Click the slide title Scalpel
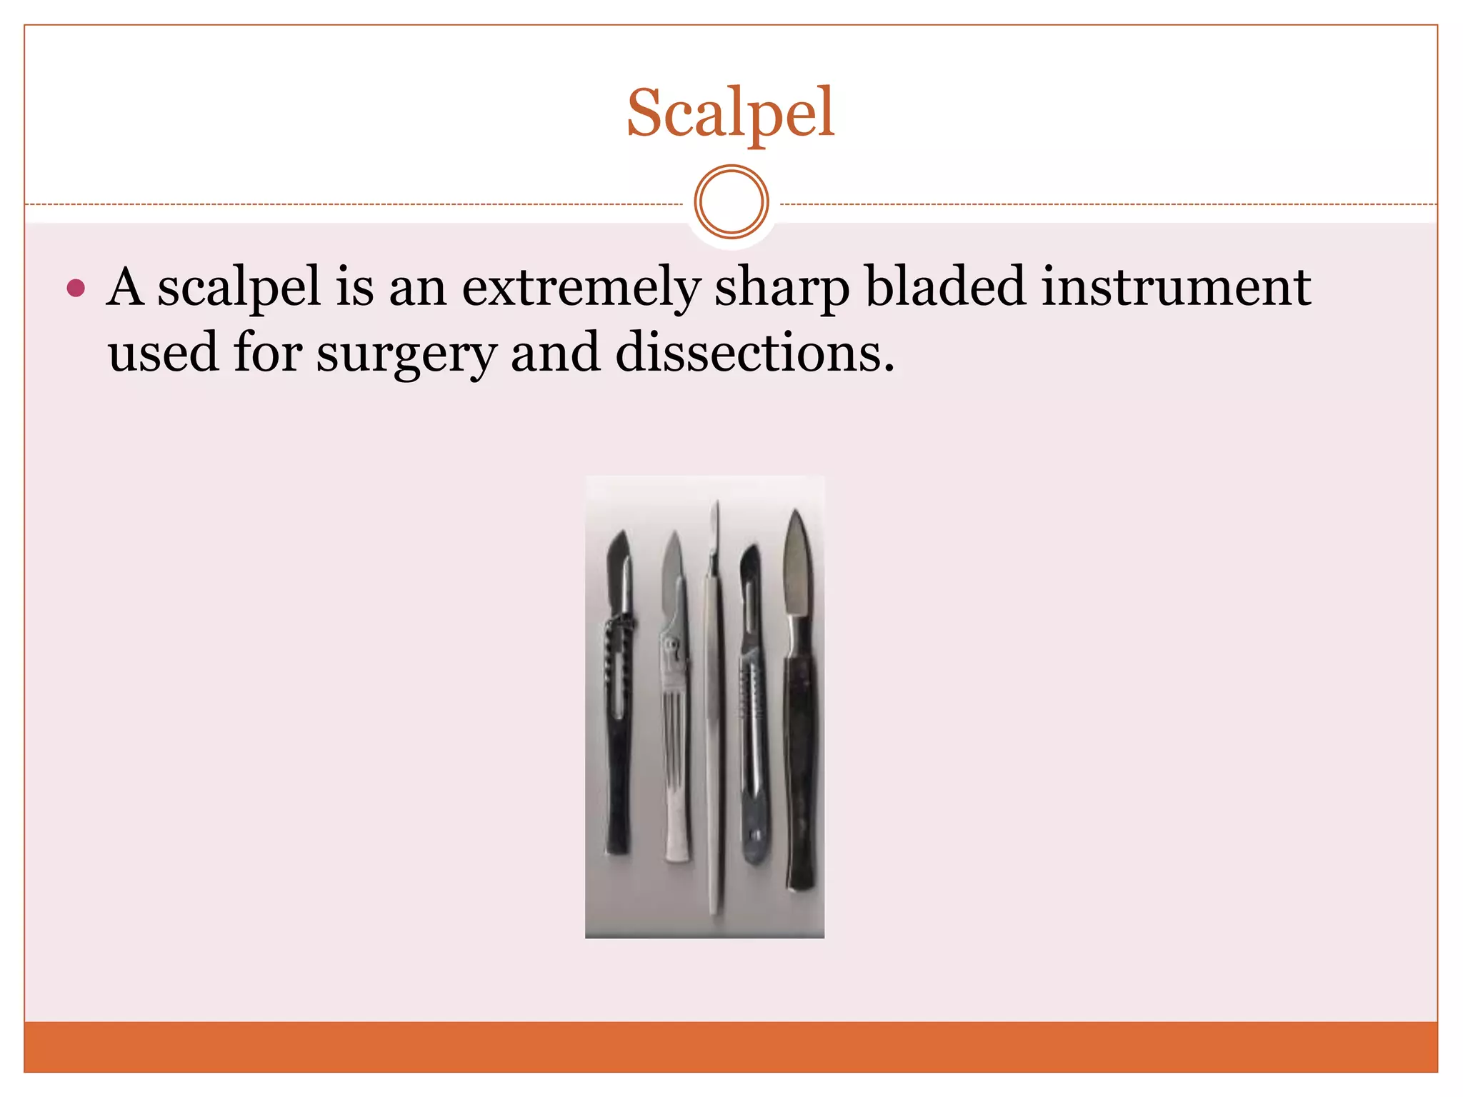pos(730,113)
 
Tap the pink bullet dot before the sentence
pos(76,289)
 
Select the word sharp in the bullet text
pos(782,287)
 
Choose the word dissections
pos(754,353)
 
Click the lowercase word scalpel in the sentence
pos(239,287)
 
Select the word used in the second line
pos(163,353)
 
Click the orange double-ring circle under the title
pos(731,202)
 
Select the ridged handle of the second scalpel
pos(674,750)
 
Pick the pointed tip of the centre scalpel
pos(716,509)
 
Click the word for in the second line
pos(267,353)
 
